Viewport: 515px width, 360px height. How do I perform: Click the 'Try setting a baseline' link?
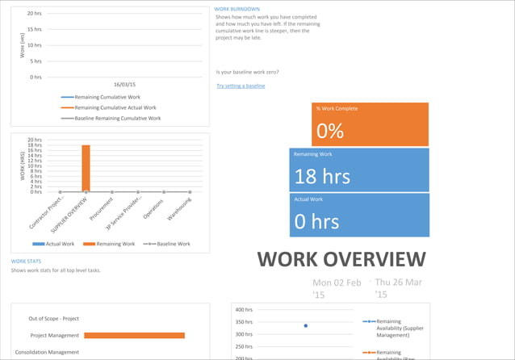[x=241, y=86]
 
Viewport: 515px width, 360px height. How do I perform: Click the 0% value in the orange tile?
[x=330, y=132]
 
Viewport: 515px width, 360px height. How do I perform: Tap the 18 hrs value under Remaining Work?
[x=322, y=176]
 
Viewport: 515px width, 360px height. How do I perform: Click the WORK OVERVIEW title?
[x=341, y=259]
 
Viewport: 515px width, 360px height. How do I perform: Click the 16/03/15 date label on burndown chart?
[x=124, y=84]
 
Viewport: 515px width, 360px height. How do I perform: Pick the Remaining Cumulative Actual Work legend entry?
[x=115, y=107]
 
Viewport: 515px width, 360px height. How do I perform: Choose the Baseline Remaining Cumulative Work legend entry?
[x=117, y=118]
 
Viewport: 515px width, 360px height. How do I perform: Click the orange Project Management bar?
[x=134, y=335]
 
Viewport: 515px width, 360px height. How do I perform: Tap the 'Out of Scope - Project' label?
[x=54, y=319]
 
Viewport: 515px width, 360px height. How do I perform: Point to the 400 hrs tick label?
[x=244, y=310]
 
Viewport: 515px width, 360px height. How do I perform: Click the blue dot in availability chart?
[x=305, y=325]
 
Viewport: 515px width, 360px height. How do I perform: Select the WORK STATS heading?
[x=27, y=262]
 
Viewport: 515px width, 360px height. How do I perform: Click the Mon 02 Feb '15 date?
[x=337, y=288]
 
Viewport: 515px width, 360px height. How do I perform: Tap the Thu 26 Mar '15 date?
[x=399, y=288]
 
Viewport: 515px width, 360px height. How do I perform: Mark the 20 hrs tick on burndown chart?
[x=35, y=14]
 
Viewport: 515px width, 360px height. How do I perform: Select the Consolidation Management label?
[x=45, y=352]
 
